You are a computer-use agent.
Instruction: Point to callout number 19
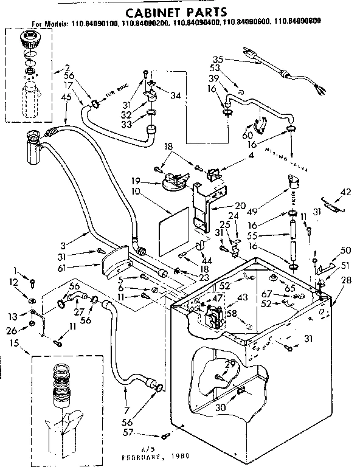(136, 181)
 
